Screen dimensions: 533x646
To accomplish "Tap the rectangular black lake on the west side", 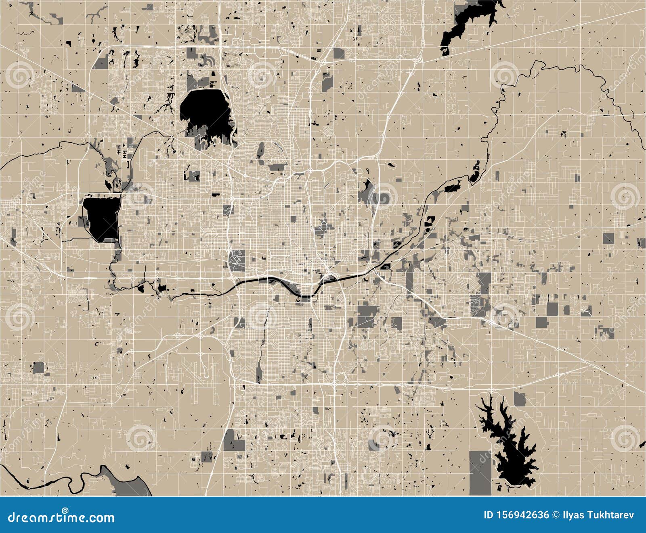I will [x=102, y=218].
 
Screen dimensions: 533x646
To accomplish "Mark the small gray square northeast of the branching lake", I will [x=520, y=399].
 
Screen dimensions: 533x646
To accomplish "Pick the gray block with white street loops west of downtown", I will [x=237, y=260].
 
